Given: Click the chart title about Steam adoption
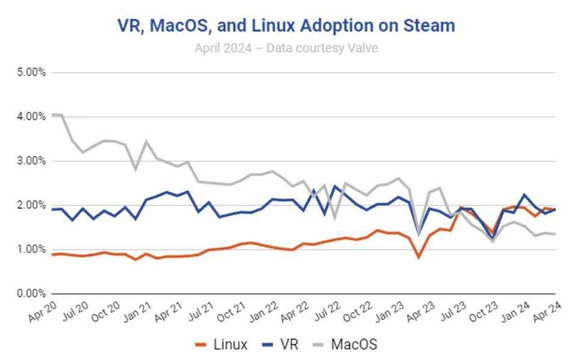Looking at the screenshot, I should click(285, 25).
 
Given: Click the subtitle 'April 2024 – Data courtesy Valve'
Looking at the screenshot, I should click(286, 48).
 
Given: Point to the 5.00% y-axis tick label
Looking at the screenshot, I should click(30, 72).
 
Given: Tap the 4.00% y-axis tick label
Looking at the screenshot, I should click(30, 116).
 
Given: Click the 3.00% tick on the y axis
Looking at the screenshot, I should click(30, 161).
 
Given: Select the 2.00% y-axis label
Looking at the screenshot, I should click(30, 205).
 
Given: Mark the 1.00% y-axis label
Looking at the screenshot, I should click(30, 249).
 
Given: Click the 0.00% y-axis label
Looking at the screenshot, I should click(30, 293).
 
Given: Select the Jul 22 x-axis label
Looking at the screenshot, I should click(325, 312).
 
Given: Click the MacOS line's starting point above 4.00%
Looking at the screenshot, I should click(54, 114).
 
